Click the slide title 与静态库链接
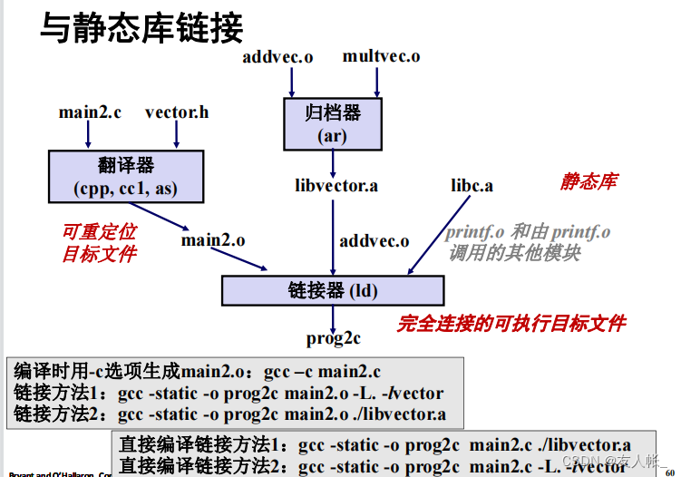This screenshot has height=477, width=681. (x=141, y=29)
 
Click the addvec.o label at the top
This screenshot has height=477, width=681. (x=277, y=57)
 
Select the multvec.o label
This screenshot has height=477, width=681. (x=381, y=56)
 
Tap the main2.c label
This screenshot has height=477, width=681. (x=89, y=112)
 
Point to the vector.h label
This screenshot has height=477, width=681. (x=176, y=112)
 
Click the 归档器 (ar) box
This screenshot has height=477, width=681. (x=333, y=124)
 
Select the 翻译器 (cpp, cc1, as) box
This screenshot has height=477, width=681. (x=126, y=176)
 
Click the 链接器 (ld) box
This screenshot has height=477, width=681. (x=333, y=290)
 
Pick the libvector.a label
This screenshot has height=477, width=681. (x=336, y=186)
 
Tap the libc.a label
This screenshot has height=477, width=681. (x=472, y=186)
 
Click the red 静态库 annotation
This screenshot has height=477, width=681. (x=588, y=181)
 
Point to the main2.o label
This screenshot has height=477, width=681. (x=212, y=240)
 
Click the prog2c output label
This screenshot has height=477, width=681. (x=333, y=338)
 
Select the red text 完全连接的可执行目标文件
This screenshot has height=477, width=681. (x=511, y=323)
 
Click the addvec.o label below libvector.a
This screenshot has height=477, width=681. (x=374, y=241)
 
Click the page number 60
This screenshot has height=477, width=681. (x=669, y=471)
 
